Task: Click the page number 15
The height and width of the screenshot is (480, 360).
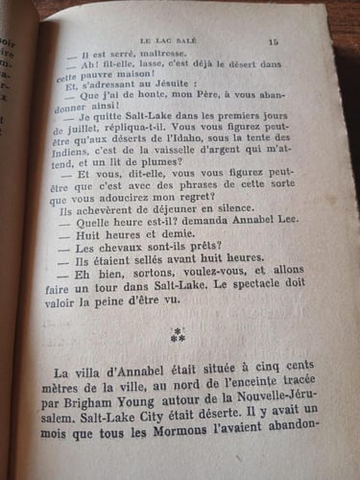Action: (273, 40)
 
